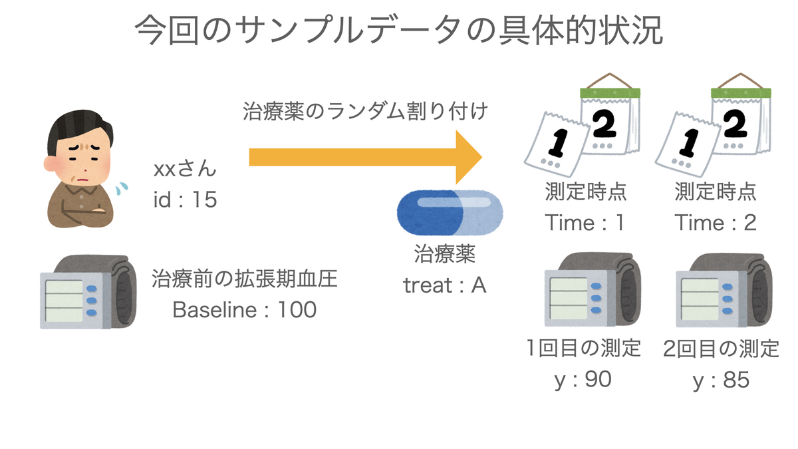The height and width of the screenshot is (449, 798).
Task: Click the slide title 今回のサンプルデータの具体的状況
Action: click(398, 30)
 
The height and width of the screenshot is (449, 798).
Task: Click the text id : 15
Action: click(185, 199)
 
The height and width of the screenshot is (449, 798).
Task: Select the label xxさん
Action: click(185, 168)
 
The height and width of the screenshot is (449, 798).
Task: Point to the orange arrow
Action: click(366, 157)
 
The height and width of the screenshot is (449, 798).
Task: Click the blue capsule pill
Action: click(450, 213)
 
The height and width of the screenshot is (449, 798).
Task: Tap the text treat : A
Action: click(445, 285)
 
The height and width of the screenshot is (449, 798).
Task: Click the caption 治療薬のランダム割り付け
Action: click(365, 111)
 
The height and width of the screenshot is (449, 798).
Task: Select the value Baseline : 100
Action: click(245, 309)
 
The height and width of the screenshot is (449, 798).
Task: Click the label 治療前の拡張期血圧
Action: click(245, 278)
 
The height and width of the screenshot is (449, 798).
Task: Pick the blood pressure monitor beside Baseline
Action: click(88, 291)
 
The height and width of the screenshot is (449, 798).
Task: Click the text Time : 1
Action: click(585, 223)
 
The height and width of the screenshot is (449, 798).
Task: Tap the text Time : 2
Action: click(716, 223)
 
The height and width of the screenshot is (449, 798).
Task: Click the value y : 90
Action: click(583, 380)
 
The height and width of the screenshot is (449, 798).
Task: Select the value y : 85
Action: click(722, 380)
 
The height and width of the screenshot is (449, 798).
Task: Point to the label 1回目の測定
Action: click(584, 348)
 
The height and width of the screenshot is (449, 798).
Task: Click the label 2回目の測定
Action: click(722, 349)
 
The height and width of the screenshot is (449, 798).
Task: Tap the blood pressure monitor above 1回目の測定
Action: click(593, 289)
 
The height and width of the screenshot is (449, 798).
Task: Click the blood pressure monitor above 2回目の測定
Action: click(724, 290)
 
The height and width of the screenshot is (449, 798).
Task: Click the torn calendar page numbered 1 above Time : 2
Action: click(688, 144)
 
